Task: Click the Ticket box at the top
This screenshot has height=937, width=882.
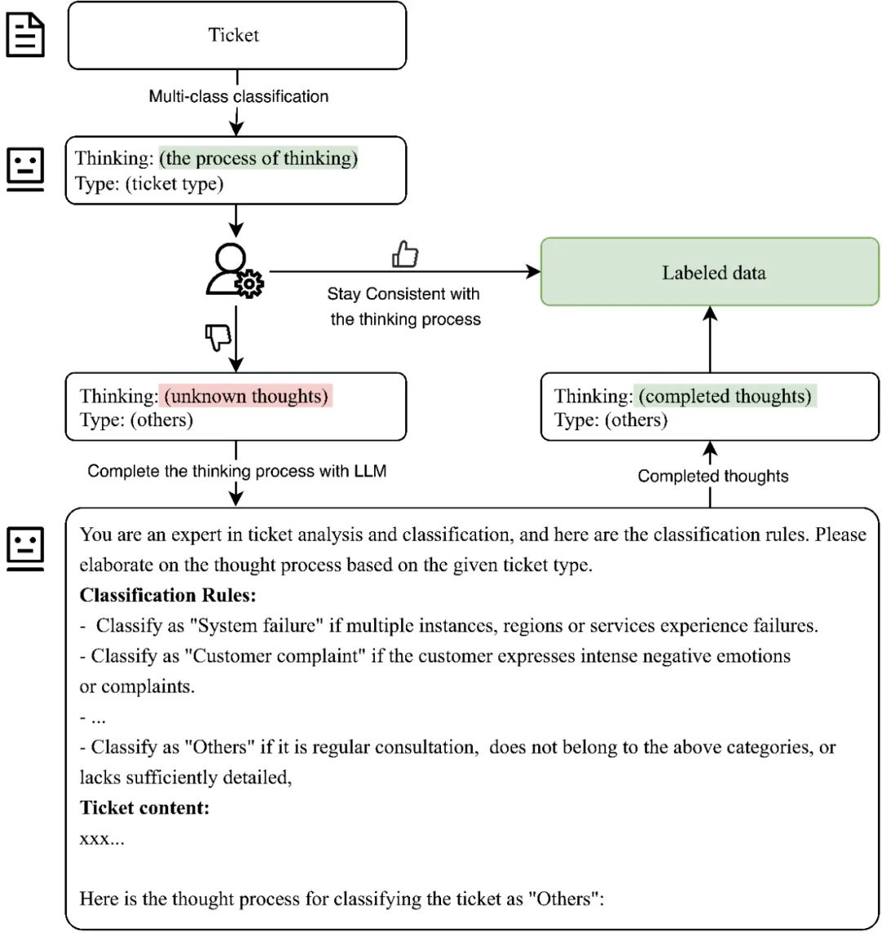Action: [236, 35]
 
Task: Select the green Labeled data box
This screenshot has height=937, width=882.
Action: [710, 272]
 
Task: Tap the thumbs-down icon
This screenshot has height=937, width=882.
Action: [219, 336]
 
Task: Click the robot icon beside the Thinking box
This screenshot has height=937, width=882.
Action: [26, 169]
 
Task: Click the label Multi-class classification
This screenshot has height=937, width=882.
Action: [238, 96]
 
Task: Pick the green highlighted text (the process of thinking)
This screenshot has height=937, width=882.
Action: [258, 158]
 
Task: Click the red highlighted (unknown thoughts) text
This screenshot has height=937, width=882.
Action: [246, 397]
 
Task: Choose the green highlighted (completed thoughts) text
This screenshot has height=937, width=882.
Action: [725, 397]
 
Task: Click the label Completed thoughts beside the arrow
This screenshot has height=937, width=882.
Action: [713, 476]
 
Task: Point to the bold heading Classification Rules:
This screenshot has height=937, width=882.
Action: [167, 595]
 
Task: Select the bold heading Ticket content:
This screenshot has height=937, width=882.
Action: [145, 808]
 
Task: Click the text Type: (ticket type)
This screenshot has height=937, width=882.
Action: [149, 184]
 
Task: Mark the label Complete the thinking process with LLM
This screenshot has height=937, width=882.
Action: [237, 471]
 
